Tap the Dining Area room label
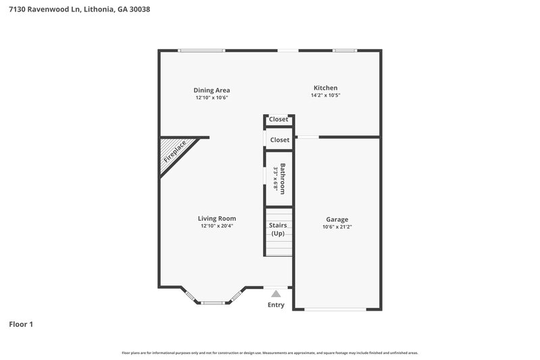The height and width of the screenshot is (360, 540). pos(212,90)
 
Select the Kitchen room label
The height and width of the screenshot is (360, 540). pos(325,88)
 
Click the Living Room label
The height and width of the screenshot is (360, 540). pos(217,218)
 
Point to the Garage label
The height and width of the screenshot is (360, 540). pos(337,220)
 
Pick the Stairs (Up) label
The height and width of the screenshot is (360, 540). pos(278,229)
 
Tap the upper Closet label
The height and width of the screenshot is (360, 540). pos(279,120)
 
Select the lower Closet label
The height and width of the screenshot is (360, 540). pos(279,140)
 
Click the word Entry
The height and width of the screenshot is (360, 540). pos(276,305)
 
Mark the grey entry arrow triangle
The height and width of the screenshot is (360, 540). pos(275,294)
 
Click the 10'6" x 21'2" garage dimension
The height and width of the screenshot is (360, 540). pos(337,228)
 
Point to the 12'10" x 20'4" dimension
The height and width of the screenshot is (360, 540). pos(217,226)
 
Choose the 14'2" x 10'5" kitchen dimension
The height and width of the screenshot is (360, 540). pos(325,96)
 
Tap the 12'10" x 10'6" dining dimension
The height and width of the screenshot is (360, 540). pos(212,98)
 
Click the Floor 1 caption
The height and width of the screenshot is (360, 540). pos(21,324)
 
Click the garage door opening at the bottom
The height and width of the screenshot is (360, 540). pos(337,309)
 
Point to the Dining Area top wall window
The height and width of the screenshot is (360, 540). pos(201,50)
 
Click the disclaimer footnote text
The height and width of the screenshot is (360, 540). pos(270,353)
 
